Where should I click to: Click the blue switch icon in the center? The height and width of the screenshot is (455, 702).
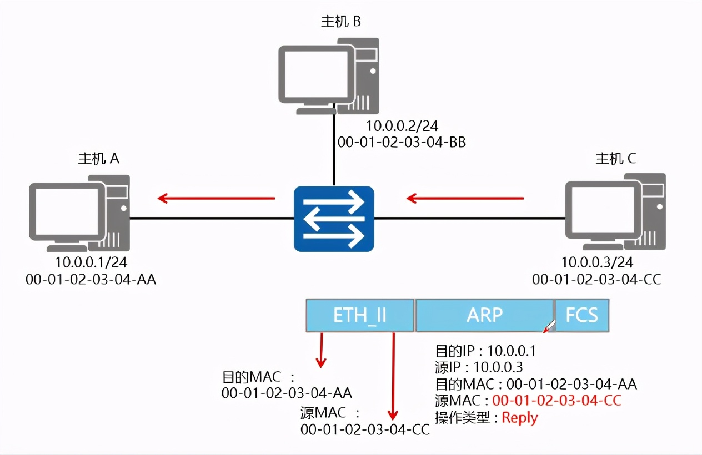point(334,219)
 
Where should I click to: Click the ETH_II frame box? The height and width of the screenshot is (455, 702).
point(360,315)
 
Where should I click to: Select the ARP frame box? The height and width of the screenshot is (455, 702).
point(484,315)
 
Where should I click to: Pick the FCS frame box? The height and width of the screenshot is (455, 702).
point(581,315)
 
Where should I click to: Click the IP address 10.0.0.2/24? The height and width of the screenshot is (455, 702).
point(398,126)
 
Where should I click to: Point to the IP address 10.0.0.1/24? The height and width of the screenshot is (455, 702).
point(91,262)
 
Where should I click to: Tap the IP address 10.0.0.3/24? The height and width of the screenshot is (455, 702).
point(597,262)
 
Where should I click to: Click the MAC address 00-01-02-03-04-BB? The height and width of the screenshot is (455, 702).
point(402,143)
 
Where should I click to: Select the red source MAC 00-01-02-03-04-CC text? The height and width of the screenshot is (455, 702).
point(556,400)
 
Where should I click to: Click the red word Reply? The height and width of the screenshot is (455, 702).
point(520,417)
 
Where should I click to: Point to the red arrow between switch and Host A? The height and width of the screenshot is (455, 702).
point(216,198)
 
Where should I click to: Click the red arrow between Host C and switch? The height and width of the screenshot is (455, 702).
point(465,198)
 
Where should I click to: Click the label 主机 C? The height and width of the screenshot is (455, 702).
point(615,159)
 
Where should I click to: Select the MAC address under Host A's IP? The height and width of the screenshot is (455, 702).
point(91,279)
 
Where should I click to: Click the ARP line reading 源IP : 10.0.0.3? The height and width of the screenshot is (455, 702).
point(479,367)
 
